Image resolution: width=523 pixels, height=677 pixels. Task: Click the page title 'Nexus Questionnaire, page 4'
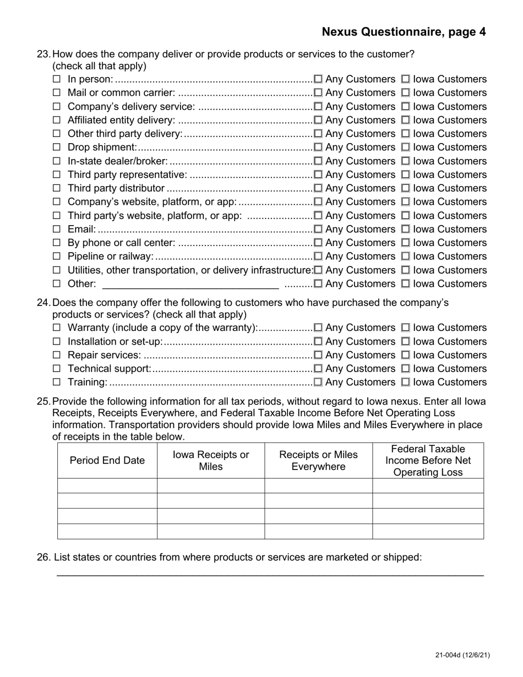click(404, 32)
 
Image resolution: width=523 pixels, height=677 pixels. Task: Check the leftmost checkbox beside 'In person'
click(56, 79)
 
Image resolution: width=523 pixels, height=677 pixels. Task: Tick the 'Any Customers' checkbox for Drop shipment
click(318, 148)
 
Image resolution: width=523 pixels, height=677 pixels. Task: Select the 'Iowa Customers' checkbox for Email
click(406, 230)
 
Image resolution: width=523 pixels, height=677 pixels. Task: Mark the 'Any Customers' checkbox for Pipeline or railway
click(318, 256)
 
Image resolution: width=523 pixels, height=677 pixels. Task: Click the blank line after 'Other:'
click(190, 285)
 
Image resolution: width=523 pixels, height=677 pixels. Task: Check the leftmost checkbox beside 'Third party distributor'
click(56, 188)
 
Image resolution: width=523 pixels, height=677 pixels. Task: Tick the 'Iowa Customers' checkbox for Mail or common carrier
click(406, 93)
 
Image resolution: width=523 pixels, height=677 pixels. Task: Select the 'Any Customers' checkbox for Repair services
click(318, 356)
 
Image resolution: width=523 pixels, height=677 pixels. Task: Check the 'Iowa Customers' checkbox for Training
click(406, 383)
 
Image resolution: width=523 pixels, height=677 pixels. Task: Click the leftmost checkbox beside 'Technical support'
click(56, 369)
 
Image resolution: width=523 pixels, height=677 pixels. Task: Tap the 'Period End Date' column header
click(107, 461)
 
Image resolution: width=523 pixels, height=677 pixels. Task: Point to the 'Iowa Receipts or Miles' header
click(211, 461)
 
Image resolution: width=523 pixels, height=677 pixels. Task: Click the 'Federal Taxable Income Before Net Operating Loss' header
click(428, 461)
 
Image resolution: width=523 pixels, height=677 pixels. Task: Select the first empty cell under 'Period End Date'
click(107, 485)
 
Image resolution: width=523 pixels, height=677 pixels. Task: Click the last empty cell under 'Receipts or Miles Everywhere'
click(318, 531)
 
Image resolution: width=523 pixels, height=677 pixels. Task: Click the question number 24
click(43, 303)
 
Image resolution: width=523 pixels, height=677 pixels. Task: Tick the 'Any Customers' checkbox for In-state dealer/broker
click(318, 161)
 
